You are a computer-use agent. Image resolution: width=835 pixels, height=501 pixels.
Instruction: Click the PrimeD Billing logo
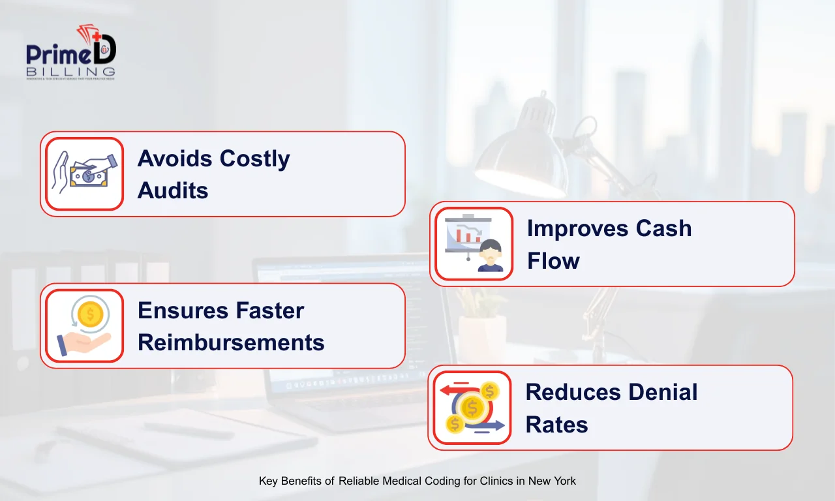(70, 53)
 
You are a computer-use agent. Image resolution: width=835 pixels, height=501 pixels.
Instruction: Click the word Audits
(173, 190)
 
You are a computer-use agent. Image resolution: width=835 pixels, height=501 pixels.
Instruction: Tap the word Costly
(254, 159)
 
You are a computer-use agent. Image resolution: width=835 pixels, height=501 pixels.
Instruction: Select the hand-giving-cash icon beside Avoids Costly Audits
(84, 174)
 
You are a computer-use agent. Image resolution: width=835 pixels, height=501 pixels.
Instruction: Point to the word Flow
(553, 261)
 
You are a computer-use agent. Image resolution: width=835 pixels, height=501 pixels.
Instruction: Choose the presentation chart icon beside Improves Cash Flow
(474, 244)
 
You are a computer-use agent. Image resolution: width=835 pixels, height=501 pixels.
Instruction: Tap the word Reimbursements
(231, 342)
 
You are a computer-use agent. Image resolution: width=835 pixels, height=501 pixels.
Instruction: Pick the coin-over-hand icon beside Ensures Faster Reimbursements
(84, 326)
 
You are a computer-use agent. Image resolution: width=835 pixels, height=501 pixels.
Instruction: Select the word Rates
(556, 425)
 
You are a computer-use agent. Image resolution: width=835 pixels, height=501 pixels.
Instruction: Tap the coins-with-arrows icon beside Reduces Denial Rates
(472, 408)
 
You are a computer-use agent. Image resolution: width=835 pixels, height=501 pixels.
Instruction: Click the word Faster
(270, 311)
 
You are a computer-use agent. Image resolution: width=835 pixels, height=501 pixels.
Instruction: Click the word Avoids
(174, 159)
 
